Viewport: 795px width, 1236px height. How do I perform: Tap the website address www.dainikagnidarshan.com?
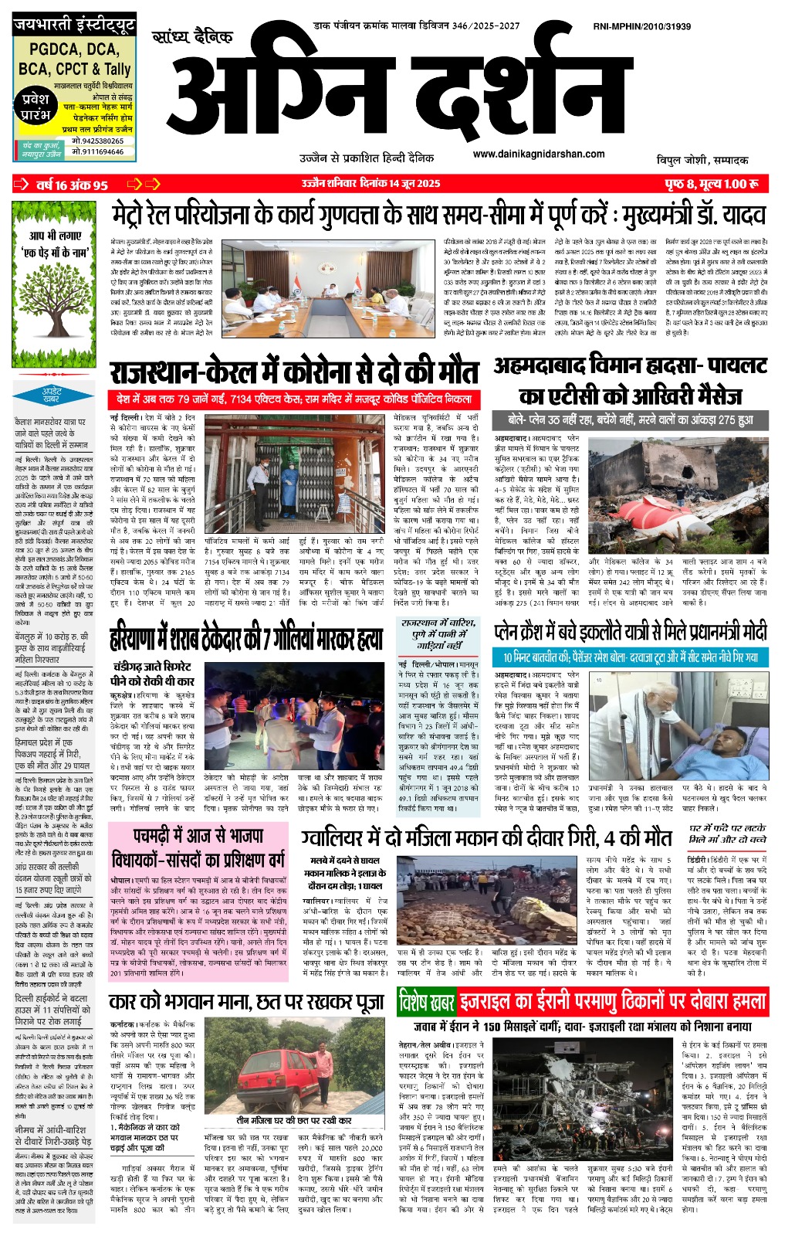point(538,154)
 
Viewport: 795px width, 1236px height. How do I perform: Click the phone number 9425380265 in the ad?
point(97,141)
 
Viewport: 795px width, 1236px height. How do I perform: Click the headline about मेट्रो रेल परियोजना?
point(438,214)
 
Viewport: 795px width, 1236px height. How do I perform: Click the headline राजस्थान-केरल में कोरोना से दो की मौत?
point(294,372)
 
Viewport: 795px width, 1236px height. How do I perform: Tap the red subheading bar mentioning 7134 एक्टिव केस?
point(294,400)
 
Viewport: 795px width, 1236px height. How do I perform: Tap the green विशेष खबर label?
point(426,1003)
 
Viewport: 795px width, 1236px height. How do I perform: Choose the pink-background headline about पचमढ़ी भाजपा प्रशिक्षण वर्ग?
point(198,847)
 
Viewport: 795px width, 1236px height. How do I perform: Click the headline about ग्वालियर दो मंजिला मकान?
point(486,837)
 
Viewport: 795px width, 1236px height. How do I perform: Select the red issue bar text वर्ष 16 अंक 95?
point(71,185)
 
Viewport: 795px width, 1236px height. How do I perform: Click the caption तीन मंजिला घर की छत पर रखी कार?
point(293,1120)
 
